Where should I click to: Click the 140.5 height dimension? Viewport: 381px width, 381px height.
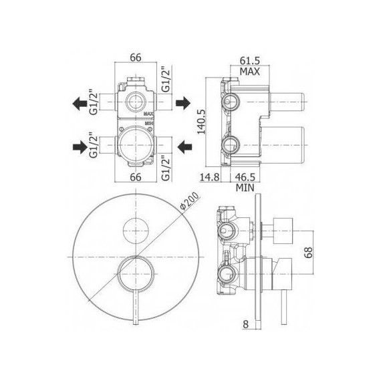[201, 122]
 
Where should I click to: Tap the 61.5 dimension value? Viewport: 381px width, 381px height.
[250, 61]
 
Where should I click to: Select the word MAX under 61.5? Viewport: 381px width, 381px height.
[249, 72]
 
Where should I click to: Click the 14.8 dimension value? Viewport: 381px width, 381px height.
[210, 177]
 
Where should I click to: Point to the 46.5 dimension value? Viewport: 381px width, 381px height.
[245, 177]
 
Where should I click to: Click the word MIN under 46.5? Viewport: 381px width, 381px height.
[245, 188]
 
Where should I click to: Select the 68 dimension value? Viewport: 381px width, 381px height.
[308, 253]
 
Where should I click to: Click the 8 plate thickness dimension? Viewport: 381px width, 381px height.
[246, 324]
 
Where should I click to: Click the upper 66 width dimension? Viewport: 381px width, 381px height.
[135, 57]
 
